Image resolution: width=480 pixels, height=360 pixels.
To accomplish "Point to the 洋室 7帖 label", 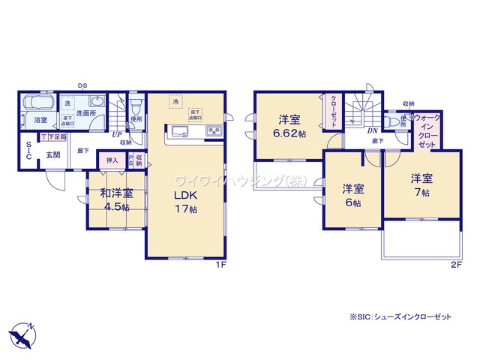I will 421,185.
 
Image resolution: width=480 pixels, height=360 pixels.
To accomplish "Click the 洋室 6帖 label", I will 353,195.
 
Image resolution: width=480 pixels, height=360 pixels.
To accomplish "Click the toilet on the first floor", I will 135,106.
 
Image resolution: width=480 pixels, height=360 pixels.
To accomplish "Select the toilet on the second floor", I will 391,121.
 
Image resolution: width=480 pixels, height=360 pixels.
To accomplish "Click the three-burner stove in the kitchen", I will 212,133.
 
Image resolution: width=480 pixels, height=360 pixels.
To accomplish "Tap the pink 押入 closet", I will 112,160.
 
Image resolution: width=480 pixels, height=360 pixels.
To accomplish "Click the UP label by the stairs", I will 117,136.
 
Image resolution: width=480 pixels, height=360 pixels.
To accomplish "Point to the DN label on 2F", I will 372,130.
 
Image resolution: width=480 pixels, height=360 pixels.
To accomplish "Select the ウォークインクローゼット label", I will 427,130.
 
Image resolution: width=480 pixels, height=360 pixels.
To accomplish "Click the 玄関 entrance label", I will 52,154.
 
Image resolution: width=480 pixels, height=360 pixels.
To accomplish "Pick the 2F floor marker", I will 456,265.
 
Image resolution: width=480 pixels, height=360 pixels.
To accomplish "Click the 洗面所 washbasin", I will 97,103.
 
